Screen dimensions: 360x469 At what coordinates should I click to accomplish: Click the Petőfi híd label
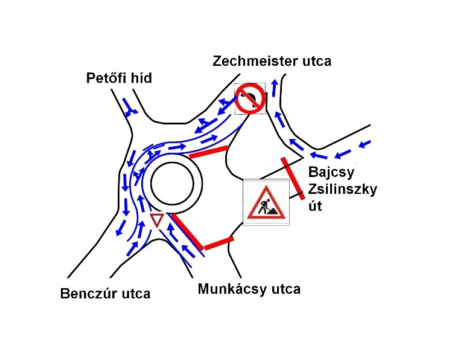119,79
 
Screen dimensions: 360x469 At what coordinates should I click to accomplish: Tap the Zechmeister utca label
272,61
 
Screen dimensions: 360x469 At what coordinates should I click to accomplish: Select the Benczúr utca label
105,294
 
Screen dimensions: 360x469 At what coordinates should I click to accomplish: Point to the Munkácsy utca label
249,289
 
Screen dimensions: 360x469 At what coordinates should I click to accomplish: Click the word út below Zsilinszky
316,207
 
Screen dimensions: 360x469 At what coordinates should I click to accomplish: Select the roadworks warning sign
266,202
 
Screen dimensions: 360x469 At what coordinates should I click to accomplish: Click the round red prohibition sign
250,98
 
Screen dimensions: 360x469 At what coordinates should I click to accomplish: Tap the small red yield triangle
156,220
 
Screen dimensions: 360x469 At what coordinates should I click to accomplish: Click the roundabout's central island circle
176,184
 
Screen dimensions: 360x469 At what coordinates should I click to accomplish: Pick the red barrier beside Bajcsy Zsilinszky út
293,178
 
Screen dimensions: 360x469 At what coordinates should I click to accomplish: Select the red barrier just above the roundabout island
209,152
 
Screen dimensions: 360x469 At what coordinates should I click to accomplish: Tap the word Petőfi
106,79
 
